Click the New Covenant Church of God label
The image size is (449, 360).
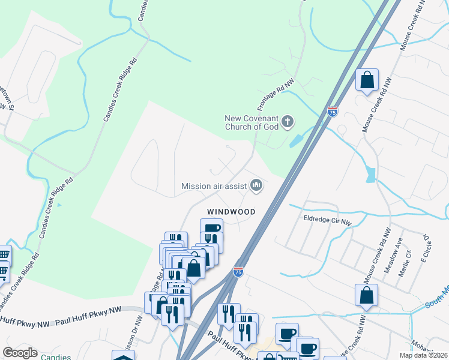coord(252,122)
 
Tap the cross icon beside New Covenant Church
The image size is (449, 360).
coord(288,122)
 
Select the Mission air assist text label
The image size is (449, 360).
coord(214,186)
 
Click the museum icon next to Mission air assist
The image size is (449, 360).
coord(256,185)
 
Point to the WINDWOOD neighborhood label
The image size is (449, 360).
coord(231,212)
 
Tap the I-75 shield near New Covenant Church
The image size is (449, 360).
coord(333,112)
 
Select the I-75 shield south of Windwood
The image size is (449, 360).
coord(238,272)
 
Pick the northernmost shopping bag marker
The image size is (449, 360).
coord(367,80)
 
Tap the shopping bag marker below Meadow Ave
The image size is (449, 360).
coord(366,296)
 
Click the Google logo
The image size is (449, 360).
coord(20,353)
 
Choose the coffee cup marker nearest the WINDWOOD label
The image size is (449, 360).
coord(211,229)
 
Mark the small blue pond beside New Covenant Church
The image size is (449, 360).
coord(295,140)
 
